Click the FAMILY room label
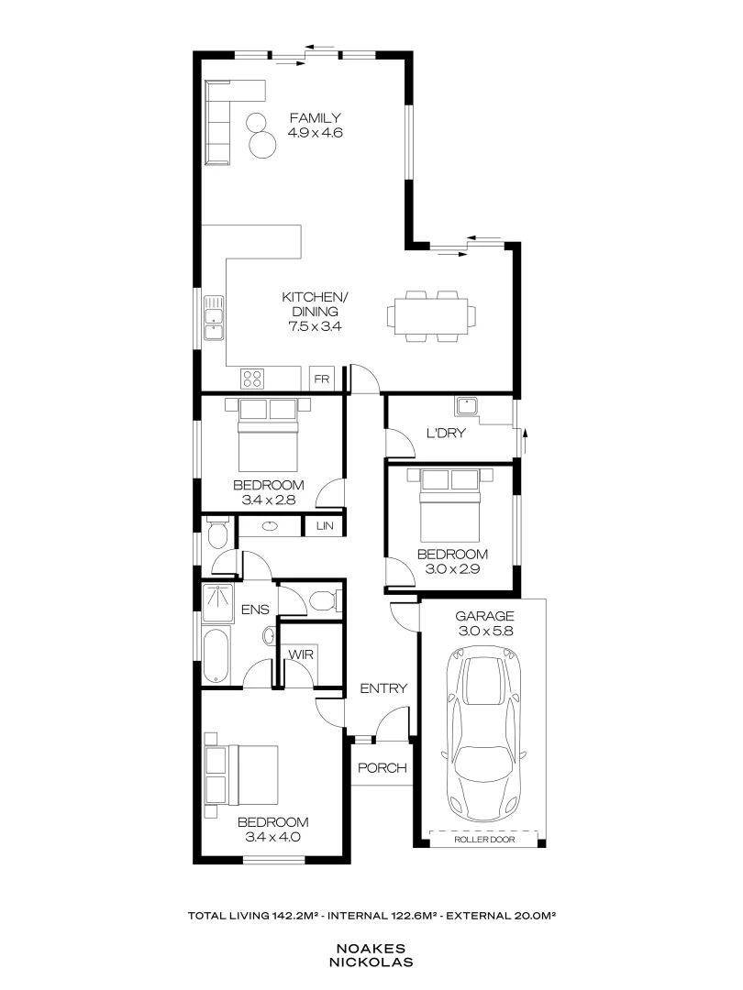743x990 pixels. (x=315, y=117)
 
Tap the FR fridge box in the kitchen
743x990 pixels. (x=322, y=379)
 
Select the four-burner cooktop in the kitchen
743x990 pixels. (x=252, y=379)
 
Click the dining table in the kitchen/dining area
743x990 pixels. (x=431, y=315)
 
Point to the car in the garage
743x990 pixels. (x=484, y=732)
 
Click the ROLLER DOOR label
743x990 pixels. (x=484, y=839)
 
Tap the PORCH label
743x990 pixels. (x=383, y=768)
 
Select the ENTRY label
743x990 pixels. (x=383, y=688)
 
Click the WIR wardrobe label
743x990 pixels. (x=301, y=654)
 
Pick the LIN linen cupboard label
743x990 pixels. (x=325, y=526)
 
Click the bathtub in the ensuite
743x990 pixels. (x=216, y=655)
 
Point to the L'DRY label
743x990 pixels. (x=446, y=433)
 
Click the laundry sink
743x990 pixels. (x=467, y=407)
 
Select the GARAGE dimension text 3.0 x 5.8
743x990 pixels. (x=485, y=631)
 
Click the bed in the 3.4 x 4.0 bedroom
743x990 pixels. (x=242, y=775)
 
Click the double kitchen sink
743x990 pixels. (x=214, y=318)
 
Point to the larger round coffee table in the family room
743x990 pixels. (x=263, y=145)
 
